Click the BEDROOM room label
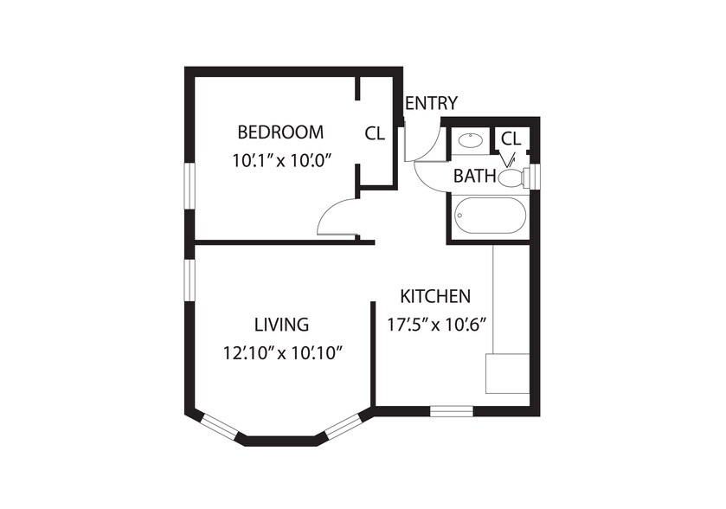(280, 132)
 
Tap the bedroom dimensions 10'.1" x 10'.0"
(283, 161)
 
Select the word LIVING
(281, 325)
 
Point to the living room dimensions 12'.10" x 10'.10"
(282, 354)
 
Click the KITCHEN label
(435, 296)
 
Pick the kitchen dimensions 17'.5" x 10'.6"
(436, 325)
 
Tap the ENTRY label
(432, 103)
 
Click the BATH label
(474, 176)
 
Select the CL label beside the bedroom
(375, 133)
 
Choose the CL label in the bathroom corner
(511, 138)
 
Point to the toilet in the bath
(514, 177)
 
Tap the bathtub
(491, 216)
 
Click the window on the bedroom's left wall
(190, 186)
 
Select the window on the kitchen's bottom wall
(452, 411)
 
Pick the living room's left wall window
(190, 280)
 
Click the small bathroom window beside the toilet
(536, 177)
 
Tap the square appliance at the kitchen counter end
(507, 374)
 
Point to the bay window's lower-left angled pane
(220, 428)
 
